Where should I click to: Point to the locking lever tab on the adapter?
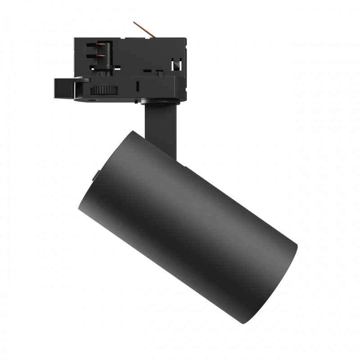[x=63, y=86]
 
